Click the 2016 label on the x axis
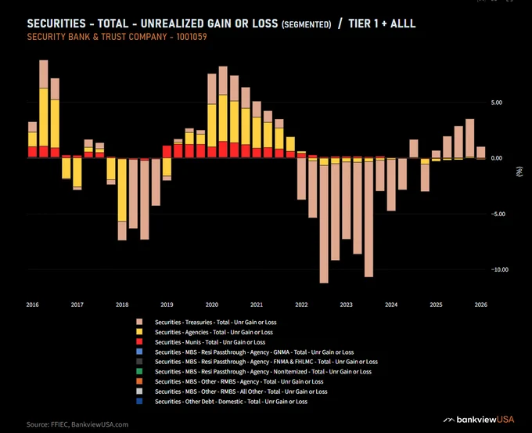pos(33,305)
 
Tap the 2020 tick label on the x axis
pos(212,305)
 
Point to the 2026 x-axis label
pos(481,305)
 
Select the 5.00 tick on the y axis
pos(496,103)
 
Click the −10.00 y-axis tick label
pos(499,269)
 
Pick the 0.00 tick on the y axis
pos(496,158)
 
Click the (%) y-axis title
pos(519,171)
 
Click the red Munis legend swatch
pos(139,342)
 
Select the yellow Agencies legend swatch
pos(139,332)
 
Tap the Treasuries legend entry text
pos(215,323)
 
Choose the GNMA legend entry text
pos(254,352)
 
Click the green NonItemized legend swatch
pos(139,371)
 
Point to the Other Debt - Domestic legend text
pos(231,402)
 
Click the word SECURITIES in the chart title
pos(56,23)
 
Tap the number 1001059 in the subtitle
pos(192,37)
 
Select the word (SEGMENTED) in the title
pos(307,24)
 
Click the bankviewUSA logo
pos(479,420)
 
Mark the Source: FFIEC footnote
pos(77,424)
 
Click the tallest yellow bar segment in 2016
pos(44,117)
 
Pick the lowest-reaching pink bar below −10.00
pos(324,224)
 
